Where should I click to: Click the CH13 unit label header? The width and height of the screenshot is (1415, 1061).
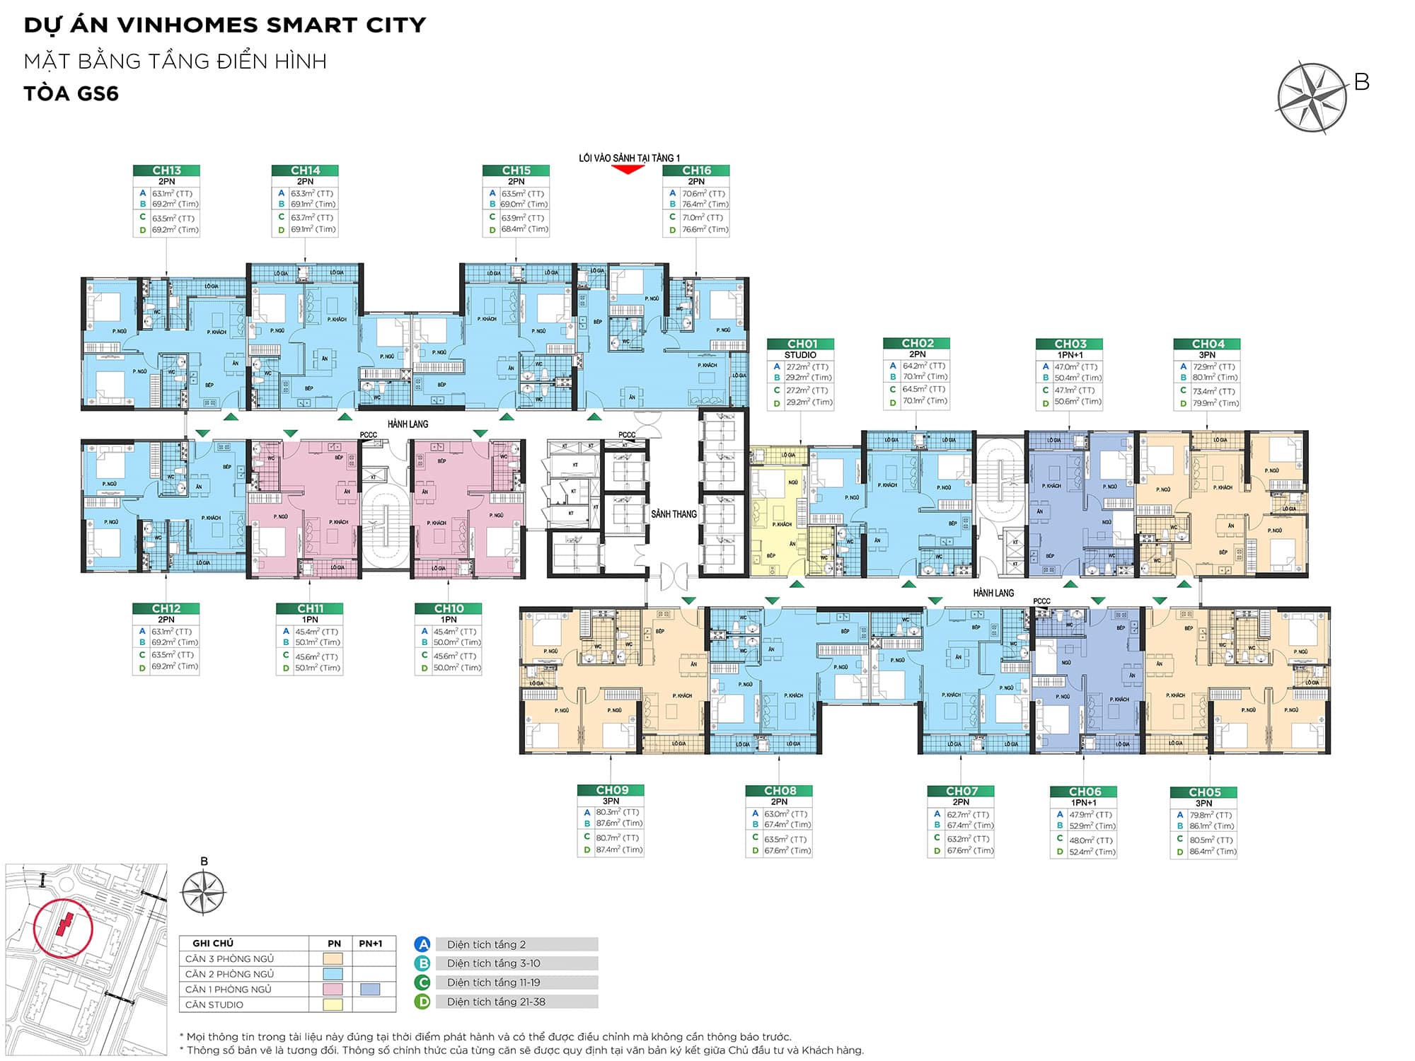[x=166, y=170]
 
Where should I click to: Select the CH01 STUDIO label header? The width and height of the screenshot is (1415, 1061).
[x=801, y=344]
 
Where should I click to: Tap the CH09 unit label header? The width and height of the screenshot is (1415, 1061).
[x=611, y=790]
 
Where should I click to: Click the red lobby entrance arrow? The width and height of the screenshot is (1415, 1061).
[x=628, y=169]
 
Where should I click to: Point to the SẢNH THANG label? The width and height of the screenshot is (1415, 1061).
[x=674, y=514]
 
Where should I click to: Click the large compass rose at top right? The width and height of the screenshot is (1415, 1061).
[x=1312, y=98]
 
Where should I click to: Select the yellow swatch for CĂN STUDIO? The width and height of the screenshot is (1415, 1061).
[x=333, y=1004]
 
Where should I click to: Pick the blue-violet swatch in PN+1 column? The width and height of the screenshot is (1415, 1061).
[x=370, y=990]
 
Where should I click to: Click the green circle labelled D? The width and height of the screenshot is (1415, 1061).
[x=422, y=1002]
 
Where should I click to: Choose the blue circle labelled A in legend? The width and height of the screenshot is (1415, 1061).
[x=422, y=944]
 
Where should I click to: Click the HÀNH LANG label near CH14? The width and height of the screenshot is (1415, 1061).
[x=408, y=424]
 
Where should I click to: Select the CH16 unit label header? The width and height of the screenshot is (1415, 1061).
[x=696, y=170]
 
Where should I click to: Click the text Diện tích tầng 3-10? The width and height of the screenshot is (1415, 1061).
[x=493, y=963]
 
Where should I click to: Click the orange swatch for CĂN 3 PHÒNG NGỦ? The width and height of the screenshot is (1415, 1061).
[x=333, y=959]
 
